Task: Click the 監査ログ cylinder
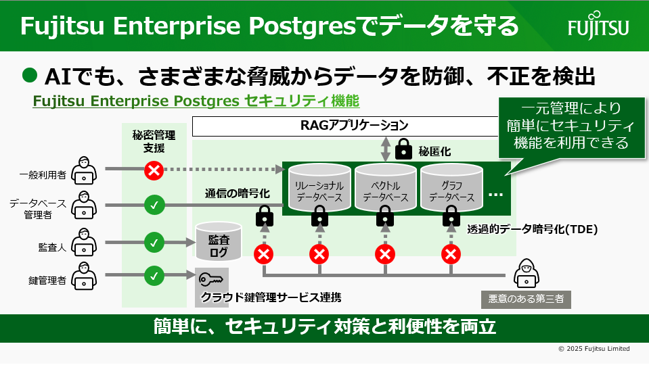218,243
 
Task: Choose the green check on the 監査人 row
154,241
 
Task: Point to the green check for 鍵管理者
154,275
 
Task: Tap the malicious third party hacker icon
526,274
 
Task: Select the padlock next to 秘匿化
404,148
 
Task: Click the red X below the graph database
451,254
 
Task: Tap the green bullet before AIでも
28,75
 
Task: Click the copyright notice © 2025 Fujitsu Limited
594,349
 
